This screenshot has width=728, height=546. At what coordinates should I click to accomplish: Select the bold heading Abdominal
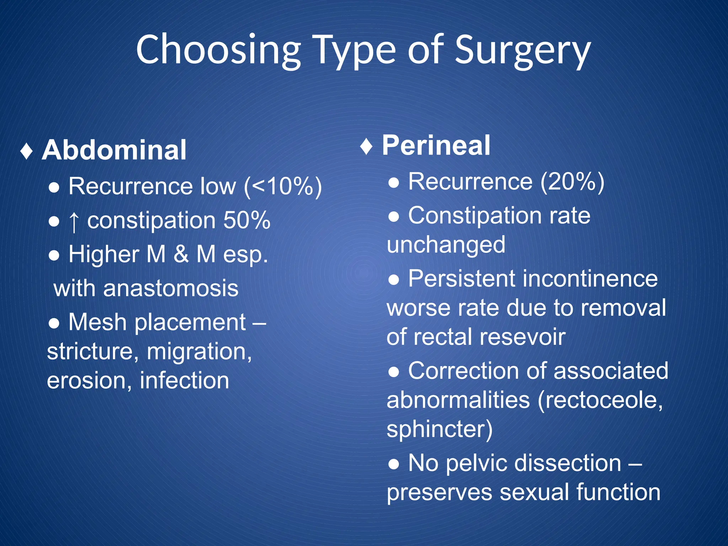[x=114, y=150]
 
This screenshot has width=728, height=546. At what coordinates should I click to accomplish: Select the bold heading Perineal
[x=436, y=146]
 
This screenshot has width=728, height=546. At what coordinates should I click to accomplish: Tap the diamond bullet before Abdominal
[x=27, y=151]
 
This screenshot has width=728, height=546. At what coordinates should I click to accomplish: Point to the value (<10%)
[x=283, y=186]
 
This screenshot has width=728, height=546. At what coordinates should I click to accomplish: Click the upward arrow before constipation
[x=74, y=221]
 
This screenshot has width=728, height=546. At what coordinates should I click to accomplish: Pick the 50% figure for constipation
[x=247, y=220]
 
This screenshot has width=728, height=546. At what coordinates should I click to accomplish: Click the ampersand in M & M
[x=181, y=255]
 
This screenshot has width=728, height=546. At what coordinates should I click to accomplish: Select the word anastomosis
[x=171, y=288]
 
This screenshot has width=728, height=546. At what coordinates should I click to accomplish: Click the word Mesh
[x=97, y=322]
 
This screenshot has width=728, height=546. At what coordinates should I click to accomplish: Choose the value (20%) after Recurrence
[x=572, y=182]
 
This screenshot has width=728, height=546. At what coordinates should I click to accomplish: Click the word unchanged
[x=446, y=245]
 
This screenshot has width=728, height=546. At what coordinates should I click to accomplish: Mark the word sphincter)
[x=439, y=429]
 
